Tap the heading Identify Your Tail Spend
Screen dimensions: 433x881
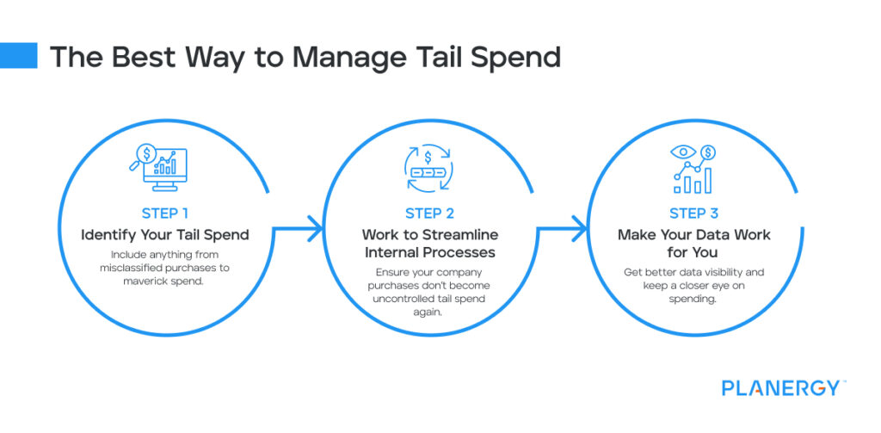(x=165, y=234)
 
